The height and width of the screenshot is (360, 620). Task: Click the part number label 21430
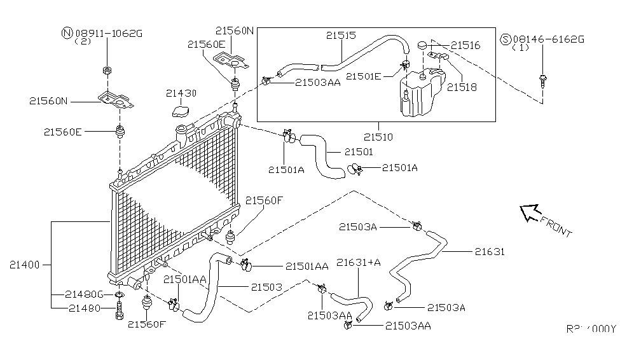pyautogui.click(x=181, y=93)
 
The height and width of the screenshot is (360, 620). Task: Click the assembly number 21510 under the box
pyautogui.click(x=378, y=136)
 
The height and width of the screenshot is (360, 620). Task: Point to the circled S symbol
pyautogui.click(x=506, y=39)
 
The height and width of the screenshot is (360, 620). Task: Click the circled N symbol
pyautogui.click(x=66, y=32)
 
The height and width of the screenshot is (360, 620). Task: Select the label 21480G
pyautogui.click(x=84, y=294)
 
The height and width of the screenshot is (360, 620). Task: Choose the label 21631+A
pyautogui.click(x=358, y=262)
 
